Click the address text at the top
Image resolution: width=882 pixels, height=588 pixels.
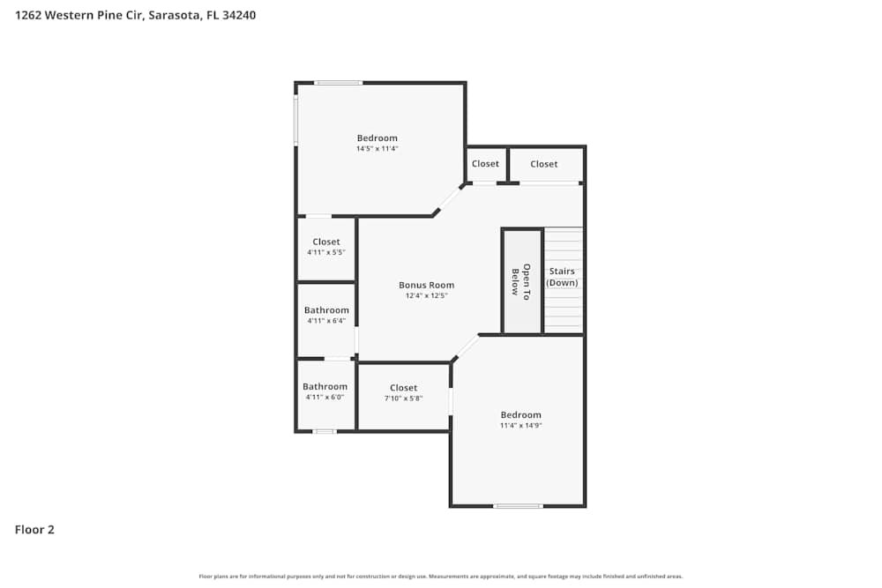[x=136, y=15]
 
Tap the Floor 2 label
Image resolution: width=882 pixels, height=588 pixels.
[x=34, y=530]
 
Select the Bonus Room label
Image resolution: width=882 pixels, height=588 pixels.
[x=426, y=285]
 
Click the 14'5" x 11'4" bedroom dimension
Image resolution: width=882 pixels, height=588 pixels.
[x=377, y=149]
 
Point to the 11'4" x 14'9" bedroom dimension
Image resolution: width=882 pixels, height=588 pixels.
[x=520, y=425]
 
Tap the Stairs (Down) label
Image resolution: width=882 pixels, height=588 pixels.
[x=562, y=277]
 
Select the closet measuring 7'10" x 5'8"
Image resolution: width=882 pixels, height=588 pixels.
[x=403, y=393]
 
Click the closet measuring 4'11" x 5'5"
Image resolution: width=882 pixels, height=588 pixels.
[x=325, y=247]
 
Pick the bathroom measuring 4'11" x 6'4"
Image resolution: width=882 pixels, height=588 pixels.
[x=326, y=315]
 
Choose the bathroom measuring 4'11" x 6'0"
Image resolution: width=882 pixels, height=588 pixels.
[x=325, y=391]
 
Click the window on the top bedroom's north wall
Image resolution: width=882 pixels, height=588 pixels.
[x=339, y=83]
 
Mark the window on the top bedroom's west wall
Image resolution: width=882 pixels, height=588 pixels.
[x=296, y=120]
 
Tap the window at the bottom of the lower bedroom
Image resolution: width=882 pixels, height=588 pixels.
[x=518, y=506]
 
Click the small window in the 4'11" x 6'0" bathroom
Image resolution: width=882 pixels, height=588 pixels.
[x=325, y=431]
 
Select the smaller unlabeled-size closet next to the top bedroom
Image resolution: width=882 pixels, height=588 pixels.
[x=485, y=164]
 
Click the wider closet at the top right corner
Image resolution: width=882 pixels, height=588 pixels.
[x=544, y=164]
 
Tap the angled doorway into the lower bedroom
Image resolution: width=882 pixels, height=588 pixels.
[x=466, y=348]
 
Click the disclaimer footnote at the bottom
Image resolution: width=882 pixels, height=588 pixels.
[x=441, y=576]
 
